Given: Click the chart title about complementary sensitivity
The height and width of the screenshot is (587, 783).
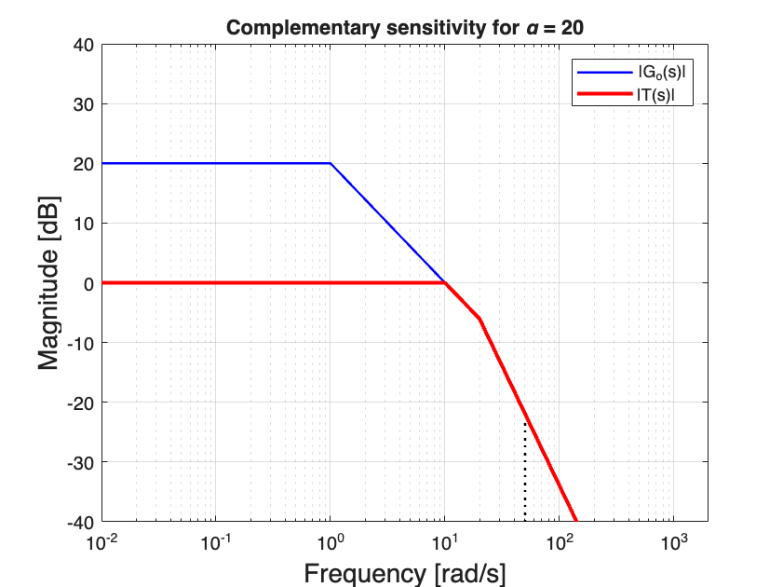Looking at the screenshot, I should coord(404,28).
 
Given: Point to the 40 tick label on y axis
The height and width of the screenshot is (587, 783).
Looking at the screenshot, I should coord(84,45).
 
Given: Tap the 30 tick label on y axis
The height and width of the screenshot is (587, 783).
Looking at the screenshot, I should coord(84,104).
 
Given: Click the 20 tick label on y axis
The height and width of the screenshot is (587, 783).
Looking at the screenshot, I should coord(84,164).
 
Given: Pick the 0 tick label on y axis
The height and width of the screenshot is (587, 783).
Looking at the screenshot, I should coord(88,283).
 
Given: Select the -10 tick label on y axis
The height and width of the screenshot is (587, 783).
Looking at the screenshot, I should coord(81,343).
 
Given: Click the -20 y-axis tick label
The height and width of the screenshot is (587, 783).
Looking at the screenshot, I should coord(81,403).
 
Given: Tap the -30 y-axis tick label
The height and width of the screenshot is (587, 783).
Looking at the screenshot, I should coord(81,462).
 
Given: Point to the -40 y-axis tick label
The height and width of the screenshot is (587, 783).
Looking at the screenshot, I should coord(81,521).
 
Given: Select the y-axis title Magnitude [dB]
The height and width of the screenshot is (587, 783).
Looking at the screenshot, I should coord(48,282).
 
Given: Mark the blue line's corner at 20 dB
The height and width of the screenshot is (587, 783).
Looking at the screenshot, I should coord(331,163).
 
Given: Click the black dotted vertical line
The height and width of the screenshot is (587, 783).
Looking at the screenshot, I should coord(525,471).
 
